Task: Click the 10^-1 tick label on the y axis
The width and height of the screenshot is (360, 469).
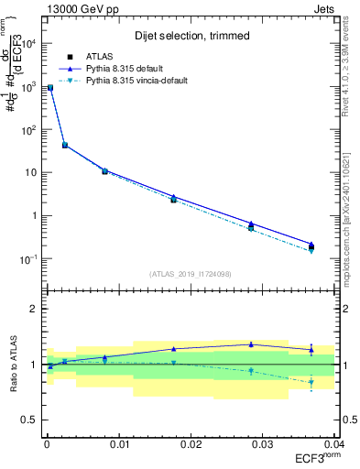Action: (32, 259)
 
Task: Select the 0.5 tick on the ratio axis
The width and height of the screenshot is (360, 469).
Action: (32, 420)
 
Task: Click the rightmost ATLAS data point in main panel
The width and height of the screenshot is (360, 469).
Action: (311, 245)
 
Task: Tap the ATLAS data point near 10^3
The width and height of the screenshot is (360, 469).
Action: (50, 88)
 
